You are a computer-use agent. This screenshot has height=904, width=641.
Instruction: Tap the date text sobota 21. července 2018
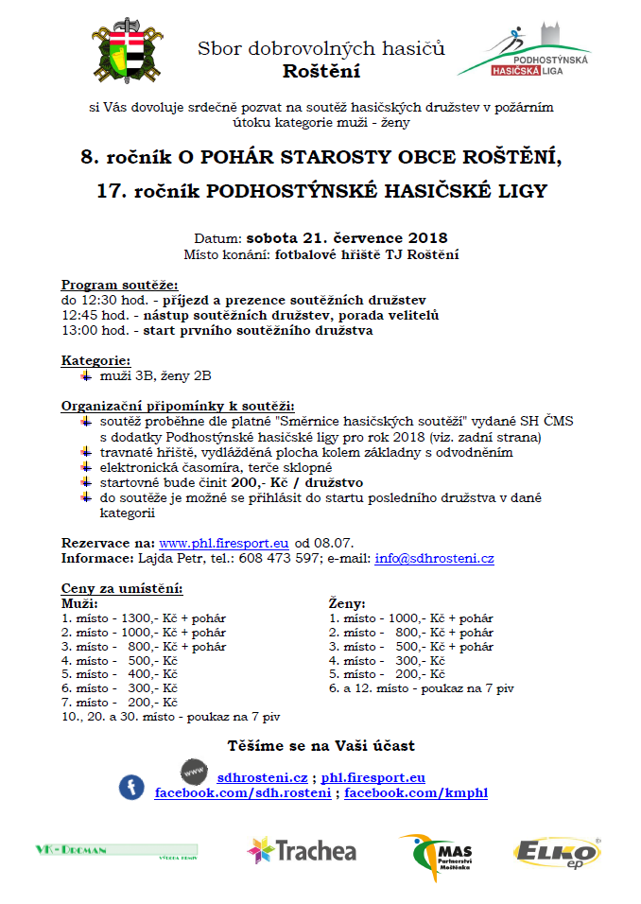pos(347,237)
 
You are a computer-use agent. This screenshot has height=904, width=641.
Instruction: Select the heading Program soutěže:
pos(119,286)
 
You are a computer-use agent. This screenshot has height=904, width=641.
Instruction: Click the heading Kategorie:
pos(95,360)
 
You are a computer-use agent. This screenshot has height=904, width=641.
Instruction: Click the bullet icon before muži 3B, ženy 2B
pos(87,375)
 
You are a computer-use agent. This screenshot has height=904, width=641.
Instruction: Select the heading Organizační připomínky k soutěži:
pos(178,406)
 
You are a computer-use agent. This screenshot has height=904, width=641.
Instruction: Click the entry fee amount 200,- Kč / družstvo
pos(297,482)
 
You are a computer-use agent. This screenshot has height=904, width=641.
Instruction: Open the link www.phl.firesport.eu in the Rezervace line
pos(224,543)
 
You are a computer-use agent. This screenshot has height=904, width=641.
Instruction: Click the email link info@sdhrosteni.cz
pos(434,558)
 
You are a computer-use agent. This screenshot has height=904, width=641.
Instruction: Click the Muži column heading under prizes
pos(78,602)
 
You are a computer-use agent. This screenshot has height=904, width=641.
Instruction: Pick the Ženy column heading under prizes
pos(347,602)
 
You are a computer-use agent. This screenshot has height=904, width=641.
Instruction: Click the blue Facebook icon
pos(130,786)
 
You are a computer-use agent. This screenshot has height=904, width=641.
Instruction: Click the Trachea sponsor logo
pos(302,850)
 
